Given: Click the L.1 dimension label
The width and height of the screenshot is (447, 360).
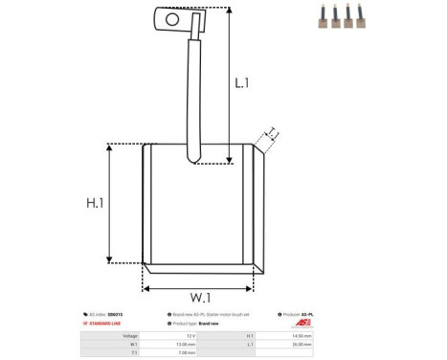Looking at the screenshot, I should [x=242, y=83].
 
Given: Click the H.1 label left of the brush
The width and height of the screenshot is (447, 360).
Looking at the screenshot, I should [x=96, y=203].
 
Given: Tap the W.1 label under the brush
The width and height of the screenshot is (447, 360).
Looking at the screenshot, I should [x=199, y=298].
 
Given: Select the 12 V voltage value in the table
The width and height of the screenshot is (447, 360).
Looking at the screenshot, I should [x=190, y=336].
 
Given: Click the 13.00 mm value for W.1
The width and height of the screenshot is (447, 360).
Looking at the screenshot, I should [x=189, y=344].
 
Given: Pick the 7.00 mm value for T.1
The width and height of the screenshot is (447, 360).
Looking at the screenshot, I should [x=189, y=351].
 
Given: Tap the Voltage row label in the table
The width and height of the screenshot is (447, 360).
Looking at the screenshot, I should [x=129, y=336].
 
